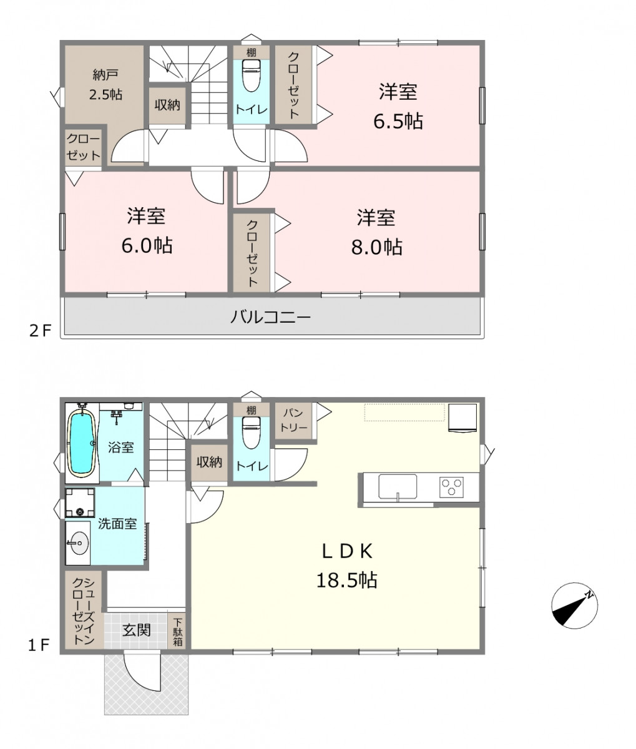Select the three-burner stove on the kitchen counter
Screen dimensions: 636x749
pyautogui.click(x=451, y=487)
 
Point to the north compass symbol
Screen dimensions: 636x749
pyautogui.click(x=574, y=605)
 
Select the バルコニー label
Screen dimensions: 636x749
pyautogui.click(x=271, y=318)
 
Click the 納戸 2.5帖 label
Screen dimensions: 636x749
pyautogui.click(x=106, y=85)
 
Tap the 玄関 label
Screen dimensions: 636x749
pyautogui.click(x=136, y=630)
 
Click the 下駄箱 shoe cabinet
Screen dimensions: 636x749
pyautogui.click(x=178, y=632)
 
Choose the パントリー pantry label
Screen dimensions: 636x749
pyautogui.click(x=293, y=420)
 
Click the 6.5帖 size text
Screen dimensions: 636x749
pyautogui.click(x=398, y=121)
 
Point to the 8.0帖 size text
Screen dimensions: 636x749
pyautogui.click(x=376, y=247)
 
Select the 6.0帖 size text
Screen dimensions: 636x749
pyautogui.click(x=147, y=245)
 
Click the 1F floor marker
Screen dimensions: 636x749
pyautogui.click(x=39, y=645)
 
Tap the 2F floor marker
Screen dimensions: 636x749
pyautogui.click(x=40, y=331)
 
